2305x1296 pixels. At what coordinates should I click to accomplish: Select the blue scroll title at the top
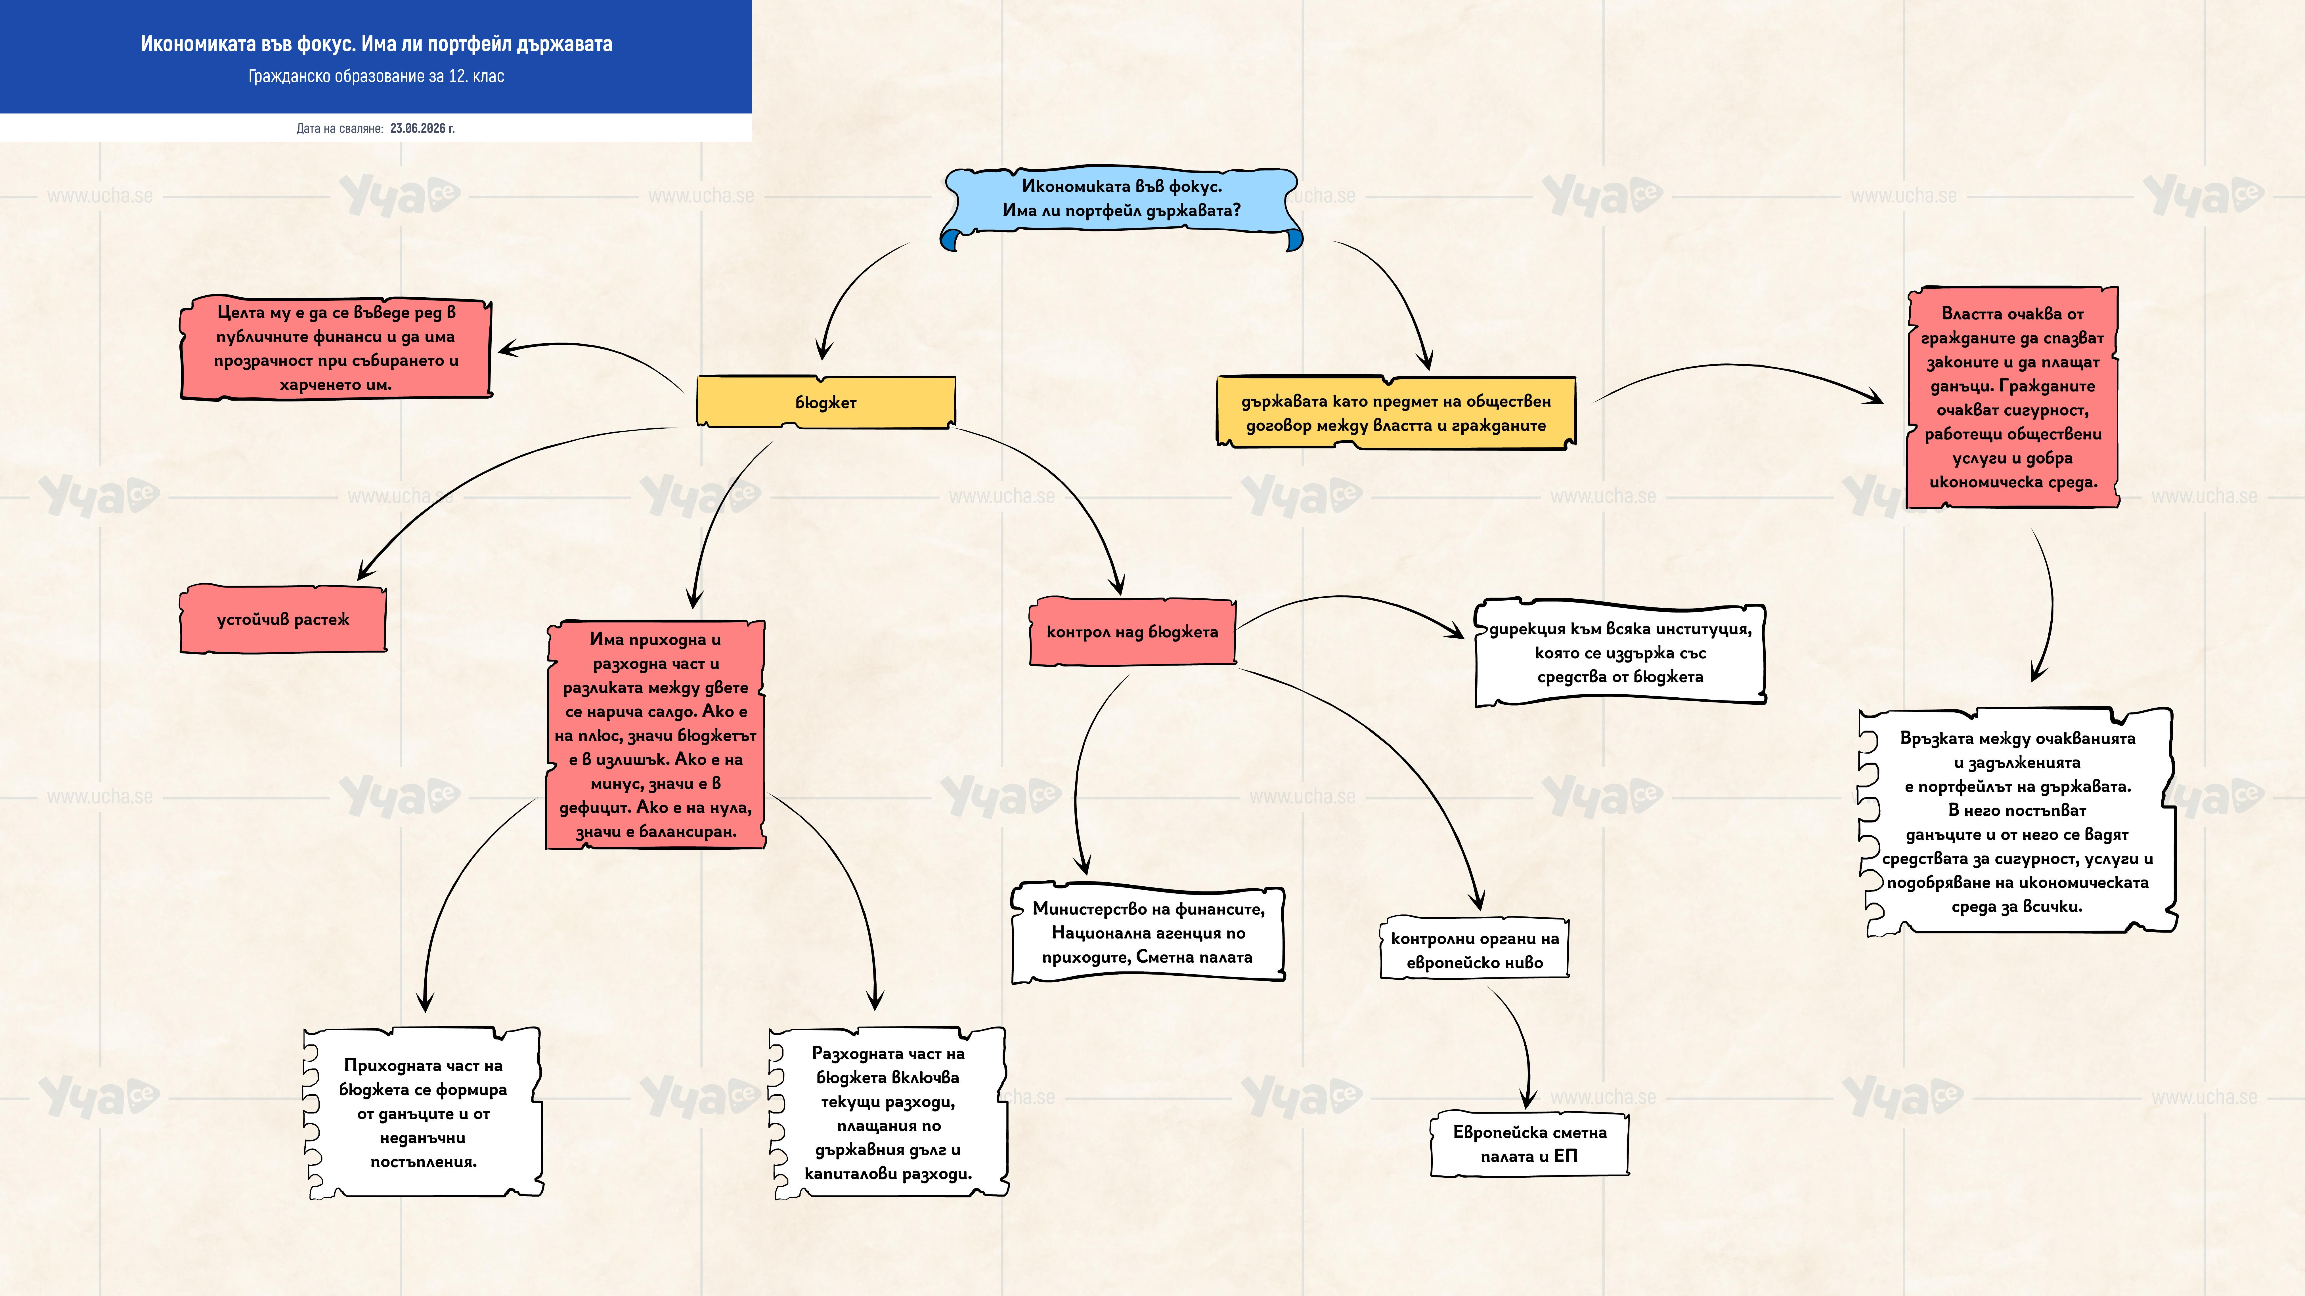coord(1121,207)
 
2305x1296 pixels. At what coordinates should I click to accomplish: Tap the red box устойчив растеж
coord(283,619)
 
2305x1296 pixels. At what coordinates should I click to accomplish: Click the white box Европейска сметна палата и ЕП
coord(1529,1144)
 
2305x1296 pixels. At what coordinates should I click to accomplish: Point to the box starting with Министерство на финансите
coord(1148,933)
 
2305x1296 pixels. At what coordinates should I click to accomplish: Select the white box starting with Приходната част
coord(423,1113)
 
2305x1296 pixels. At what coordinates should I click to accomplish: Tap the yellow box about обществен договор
coord(1396,412)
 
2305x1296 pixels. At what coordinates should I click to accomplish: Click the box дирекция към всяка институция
coord(1619,652)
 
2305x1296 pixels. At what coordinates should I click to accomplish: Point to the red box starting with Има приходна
coord(655,734)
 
